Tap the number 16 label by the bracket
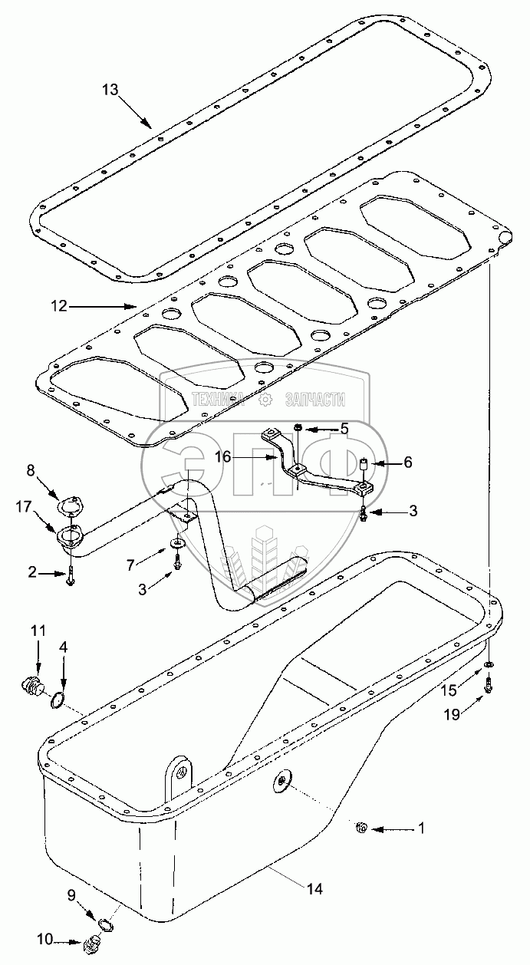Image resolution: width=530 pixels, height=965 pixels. pos(222,456)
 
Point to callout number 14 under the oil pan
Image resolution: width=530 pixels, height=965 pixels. pos(314,890)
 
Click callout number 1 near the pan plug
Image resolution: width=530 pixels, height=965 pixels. pos(420,828)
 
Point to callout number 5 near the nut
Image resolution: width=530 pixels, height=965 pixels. pos(344,429)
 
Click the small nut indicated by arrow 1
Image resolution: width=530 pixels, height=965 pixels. pos(363,827)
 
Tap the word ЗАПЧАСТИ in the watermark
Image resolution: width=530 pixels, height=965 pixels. pos(314,400)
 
